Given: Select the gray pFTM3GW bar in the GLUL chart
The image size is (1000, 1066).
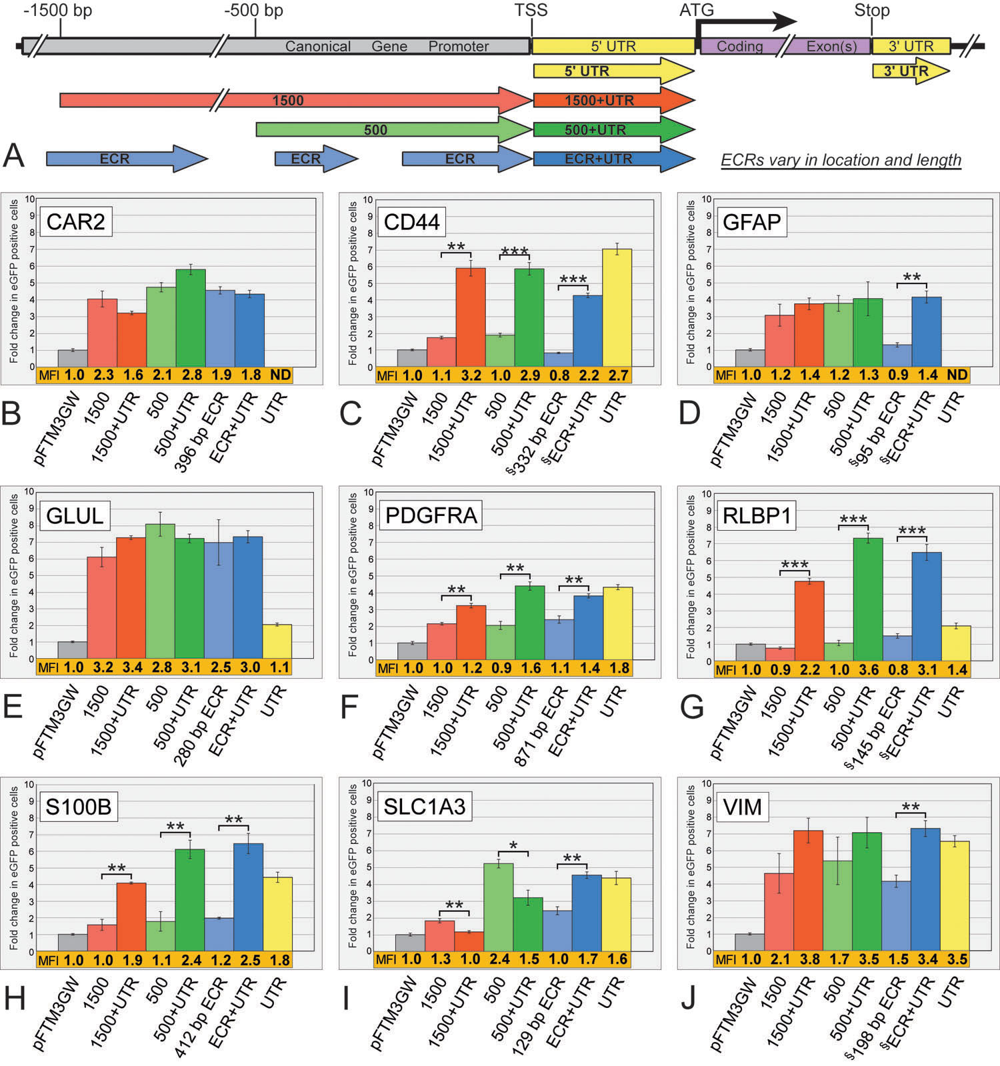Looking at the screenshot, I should click(x=73, y=650).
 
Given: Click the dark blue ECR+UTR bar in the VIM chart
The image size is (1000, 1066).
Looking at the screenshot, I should click(x=925, y=889).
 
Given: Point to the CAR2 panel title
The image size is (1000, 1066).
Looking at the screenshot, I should click(x=75, y=221).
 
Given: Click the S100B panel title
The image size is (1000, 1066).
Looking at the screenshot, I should click(x=78, y=807).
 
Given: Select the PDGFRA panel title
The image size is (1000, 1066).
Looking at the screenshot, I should click(x=431, y=515).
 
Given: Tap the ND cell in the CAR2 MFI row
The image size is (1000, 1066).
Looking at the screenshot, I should click(x=281, y=375).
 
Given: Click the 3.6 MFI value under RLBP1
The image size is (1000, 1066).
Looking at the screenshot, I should click(x=869, y=669).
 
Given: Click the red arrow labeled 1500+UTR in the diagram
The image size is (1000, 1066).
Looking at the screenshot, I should click(x=613, y=101).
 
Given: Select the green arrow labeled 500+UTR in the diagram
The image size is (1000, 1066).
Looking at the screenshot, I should click(x=613, y=130).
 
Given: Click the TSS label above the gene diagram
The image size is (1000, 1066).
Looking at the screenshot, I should click(x=531, y=11).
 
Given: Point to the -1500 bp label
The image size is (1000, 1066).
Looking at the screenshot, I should click(x=58, y=11).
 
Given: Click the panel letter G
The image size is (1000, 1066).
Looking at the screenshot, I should click(x=692, y=707).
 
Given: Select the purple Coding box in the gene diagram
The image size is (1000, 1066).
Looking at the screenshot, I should click(x=740, y=47).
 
